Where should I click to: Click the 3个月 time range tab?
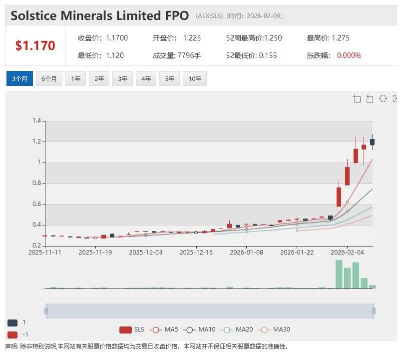coord(19,79)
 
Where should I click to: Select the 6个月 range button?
coord(49,79)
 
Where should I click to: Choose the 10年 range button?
coord(195,79)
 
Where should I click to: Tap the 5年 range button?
coord(169,79)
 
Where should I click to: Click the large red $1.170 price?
coord(35,46)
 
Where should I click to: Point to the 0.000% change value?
coord(349,55)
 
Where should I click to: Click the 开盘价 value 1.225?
coord(192,38)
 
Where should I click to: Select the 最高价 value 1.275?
coord(340,38)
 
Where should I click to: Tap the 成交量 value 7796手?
coord(189,55)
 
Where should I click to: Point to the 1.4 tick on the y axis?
coord(36,121)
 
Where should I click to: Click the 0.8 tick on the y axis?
coord(36,183)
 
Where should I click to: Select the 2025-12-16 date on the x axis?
coord(196,252)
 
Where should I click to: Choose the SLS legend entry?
coord(132,329)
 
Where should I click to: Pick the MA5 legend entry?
coord(165,329)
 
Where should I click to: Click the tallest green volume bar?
coord(339,274)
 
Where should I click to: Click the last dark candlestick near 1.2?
coord(372,142)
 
